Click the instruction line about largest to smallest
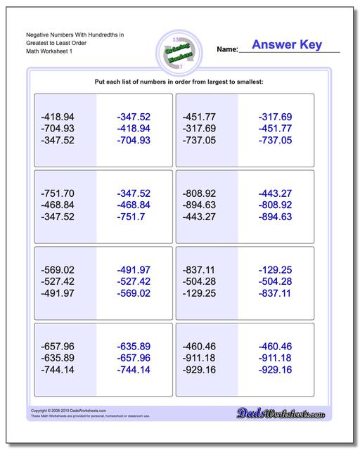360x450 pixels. click(x=179, y=82)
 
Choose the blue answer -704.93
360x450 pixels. click(x=134, y=141)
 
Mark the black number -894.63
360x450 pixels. click(x=199, y=205)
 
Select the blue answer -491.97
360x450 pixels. click(x=134, y=269)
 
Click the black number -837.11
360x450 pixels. click(x=199, y=269)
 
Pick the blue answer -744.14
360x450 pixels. click(x=134, y=370)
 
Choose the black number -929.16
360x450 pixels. click(x=199, y=370)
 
